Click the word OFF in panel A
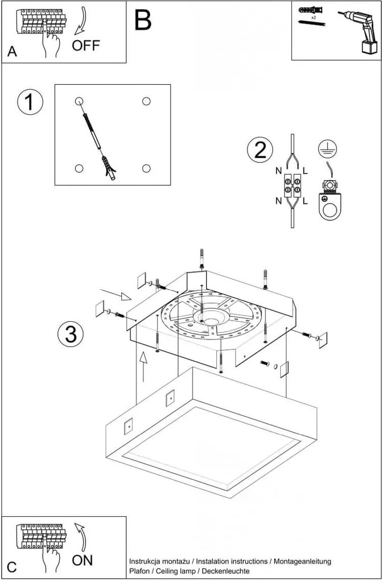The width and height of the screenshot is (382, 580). (85, 46)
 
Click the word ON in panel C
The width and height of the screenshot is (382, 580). (83, 560)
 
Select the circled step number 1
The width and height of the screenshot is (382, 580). (30, 103)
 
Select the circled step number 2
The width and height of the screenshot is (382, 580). (260, 150)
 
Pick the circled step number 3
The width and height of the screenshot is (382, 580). (71, 334)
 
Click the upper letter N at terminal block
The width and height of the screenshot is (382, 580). (278, 170)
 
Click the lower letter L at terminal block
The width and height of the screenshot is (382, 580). (306, 201)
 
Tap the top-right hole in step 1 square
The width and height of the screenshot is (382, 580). (146, 101)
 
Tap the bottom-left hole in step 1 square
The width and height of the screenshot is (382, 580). (79, 168)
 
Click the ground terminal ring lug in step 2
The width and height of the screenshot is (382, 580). (329, 205)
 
